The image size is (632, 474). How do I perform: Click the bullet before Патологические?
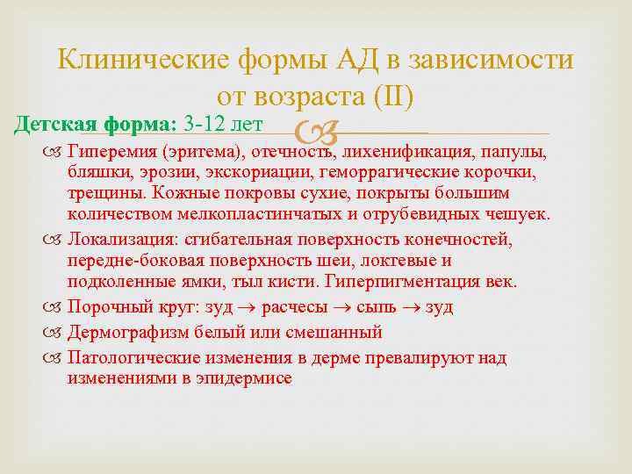pos(57,358)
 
